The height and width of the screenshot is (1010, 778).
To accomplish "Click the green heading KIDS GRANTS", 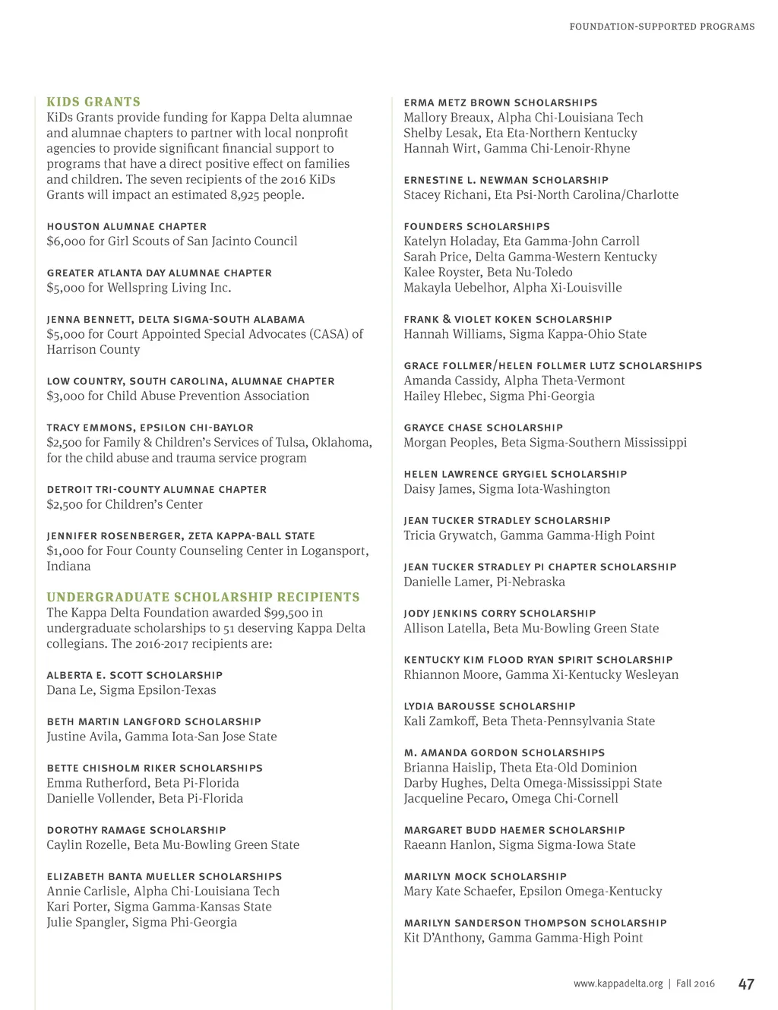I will click(x=93, y=102).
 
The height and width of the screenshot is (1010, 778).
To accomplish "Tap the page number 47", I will click(x=746, y=984).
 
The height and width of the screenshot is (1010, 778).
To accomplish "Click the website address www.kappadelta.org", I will click(x=618, y=983).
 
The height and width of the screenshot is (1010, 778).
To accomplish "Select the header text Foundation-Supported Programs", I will click(x=662, y=27).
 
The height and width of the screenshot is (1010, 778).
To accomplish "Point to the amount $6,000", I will click(x=65, y=241).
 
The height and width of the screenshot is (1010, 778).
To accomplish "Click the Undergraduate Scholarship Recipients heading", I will click(x=203, y=597).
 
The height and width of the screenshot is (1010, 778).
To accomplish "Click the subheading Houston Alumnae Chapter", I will click(x=126, y=226).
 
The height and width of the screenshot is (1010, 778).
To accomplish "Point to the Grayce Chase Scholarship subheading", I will click(x=483, y=428).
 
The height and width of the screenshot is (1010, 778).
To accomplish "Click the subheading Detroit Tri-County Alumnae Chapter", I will click(x=157, y=490).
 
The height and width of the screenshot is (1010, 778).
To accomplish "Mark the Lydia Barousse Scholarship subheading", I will click(x=489, y=706).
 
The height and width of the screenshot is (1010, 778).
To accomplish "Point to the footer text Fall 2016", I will click(x=695, y=983).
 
